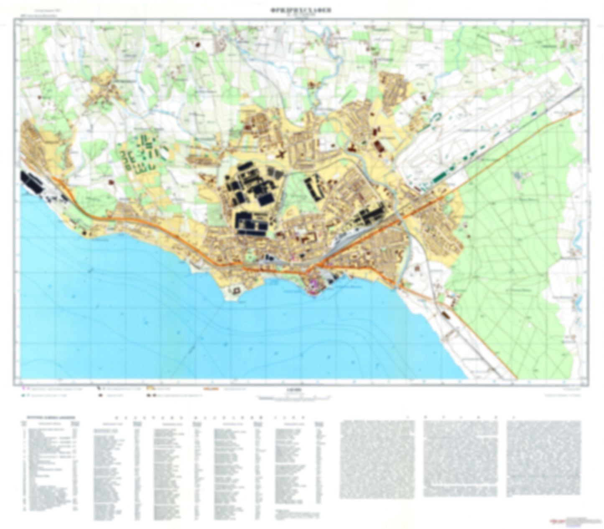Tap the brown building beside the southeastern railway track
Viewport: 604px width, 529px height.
(444, 313)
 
